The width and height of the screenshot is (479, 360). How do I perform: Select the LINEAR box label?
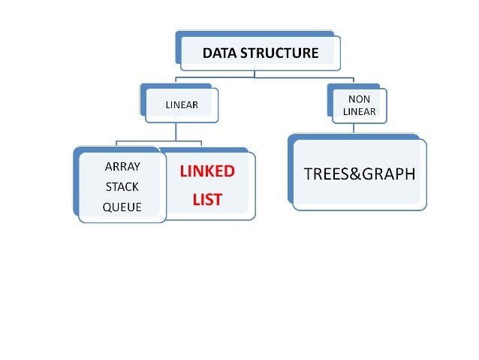pos(182,104)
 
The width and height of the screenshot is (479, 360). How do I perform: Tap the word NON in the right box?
pos(359,98)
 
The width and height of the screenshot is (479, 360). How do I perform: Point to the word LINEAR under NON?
pos(359,111)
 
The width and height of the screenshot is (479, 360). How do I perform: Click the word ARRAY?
pos(122,167)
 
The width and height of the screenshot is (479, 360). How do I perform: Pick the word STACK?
pos(122,186)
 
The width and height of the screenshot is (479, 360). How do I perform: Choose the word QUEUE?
pos(122,207)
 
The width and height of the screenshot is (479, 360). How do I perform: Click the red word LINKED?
pos(207,171)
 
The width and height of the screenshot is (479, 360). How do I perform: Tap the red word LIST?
pos(207,201)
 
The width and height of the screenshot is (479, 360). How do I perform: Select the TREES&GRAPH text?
pos(358,174)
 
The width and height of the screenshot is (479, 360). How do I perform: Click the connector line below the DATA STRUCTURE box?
pos(255,74)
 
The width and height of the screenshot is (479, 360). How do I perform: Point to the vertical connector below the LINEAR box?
pos(176,132)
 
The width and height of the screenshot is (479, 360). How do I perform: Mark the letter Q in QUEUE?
pos(107,207)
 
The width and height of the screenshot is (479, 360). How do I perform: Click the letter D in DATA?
pos(207,53)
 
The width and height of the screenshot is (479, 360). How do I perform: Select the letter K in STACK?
pos(136,186)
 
